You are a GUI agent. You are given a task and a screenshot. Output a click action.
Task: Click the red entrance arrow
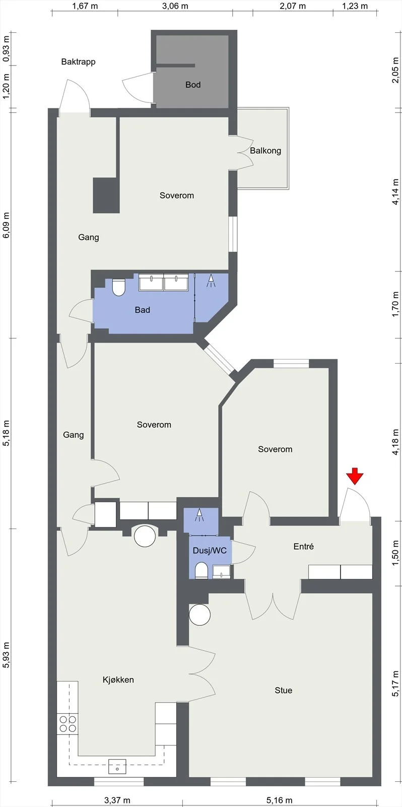[355, 476]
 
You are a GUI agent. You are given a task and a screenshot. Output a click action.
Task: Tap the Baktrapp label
[78, 62]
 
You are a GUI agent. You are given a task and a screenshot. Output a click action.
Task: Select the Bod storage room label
[193, 85]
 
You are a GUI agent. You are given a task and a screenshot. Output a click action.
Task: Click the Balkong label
[265, 151]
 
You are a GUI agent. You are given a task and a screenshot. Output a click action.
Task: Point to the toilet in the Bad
[118, 287]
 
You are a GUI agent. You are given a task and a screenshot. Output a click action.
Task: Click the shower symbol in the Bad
[211, 280]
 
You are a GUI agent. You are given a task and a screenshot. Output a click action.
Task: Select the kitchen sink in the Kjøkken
[117, 766]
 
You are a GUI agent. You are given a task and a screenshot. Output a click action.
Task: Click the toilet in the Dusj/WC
[201, 571]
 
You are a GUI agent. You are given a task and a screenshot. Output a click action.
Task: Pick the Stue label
[283, 690]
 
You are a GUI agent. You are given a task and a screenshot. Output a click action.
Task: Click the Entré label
[304, 546]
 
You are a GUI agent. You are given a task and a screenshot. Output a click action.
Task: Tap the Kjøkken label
[118, 680]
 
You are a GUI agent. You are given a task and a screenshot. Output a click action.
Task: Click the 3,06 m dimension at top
[175, 6]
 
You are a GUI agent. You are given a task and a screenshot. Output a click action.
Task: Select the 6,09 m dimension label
[6, 225]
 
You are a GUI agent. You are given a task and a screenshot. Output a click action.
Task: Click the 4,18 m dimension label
[396, 442]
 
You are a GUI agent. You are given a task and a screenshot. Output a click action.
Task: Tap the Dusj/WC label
[210, 550]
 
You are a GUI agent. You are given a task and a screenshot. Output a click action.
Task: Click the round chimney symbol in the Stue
[199, 615]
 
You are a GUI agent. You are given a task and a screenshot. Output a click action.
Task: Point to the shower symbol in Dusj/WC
[199, 515]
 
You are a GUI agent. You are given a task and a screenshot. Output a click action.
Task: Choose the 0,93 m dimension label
[6, 49]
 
